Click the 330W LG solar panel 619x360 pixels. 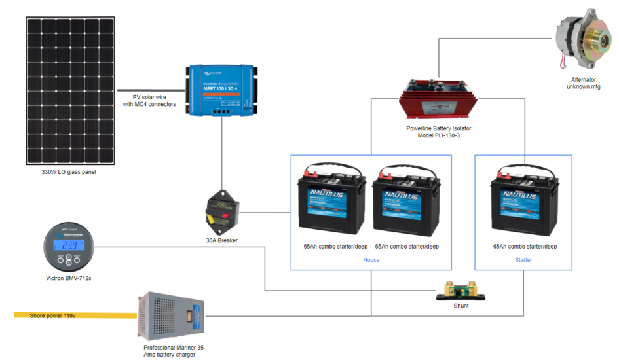(71, 91)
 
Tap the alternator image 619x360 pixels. (582, 37)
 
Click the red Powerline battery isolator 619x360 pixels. (435, 98)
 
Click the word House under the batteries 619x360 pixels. (371, 260)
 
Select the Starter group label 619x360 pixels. (523, 260)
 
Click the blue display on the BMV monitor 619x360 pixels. (68, 245)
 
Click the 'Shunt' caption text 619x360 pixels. (460, 306)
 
